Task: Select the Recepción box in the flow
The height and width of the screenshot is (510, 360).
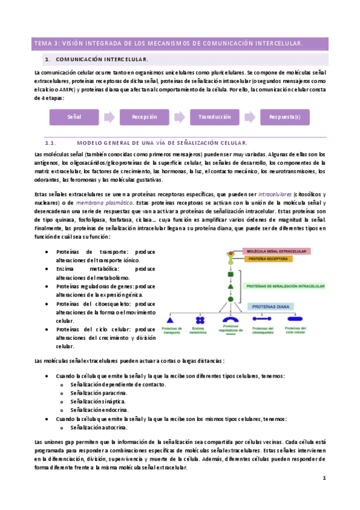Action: point(144,117)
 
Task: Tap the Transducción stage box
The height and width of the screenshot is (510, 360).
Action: point(215,117)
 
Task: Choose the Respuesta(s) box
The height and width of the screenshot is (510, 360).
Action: point(285,117)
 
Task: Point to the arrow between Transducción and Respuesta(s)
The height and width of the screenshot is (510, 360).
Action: point(250,117)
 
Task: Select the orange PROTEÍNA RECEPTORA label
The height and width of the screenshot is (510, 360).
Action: point(267,259)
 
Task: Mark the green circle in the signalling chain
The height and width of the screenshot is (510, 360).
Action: point(230,299)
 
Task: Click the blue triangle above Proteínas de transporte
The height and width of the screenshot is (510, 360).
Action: point(169,321)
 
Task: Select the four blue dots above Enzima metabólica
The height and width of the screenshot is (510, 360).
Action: point(198,321)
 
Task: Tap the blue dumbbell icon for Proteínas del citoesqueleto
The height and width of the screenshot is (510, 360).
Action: point(262,321)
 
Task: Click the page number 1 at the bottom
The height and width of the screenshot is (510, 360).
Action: point(324,478)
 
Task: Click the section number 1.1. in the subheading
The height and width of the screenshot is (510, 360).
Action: point(50,143)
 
